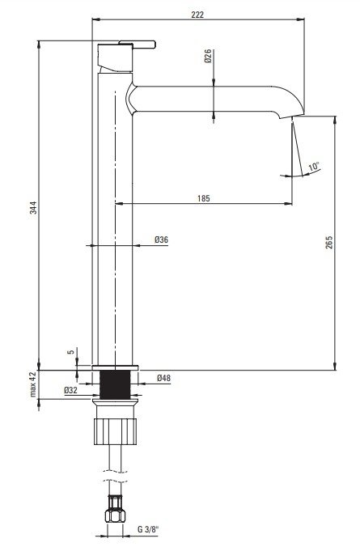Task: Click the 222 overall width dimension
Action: point(197,15)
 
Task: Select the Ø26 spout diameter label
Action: point(208,56)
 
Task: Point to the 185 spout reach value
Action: point(204,198)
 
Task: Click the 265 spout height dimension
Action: point(329,242)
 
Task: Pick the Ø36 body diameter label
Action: point(162,240)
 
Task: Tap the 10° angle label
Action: point(314,166)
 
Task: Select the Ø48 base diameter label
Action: point(163,378)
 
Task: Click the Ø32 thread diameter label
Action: point(71,390)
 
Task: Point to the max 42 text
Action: point(33,384)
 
